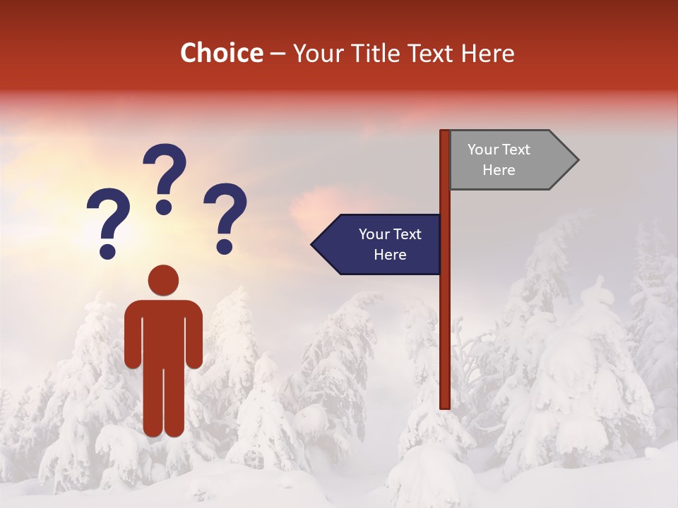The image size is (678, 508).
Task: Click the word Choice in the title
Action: (x=221, y=54)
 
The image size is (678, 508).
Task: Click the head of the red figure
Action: (x=163, y=280)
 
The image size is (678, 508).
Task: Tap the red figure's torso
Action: (x=163, y=332)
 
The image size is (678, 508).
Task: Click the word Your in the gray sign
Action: (x=483, y=150)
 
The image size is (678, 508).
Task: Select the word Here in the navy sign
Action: (x=390, y=255)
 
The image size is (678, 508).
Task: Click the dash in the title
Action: (x=278, y=54)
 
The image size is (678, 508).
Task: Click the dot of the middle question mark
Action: (x=164, y=207)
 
